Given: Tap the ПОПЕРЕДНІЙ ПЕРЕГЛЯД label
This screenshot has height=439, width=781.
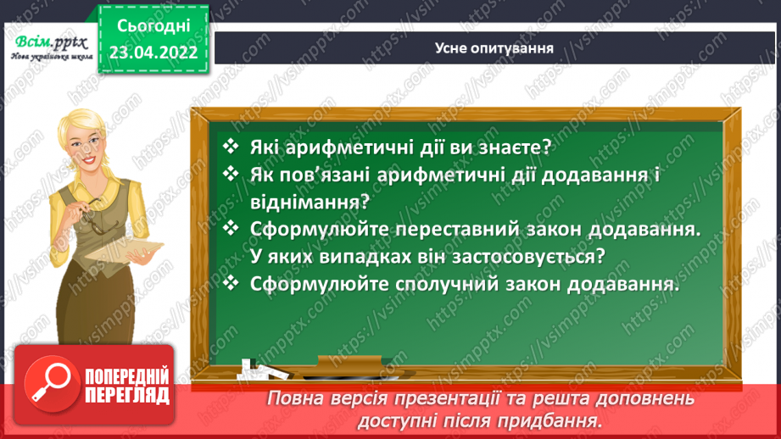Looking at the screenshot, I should coord(127,386).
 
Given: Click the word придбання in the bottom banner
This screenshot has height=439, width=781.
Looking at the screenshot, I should coord(555,421).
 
